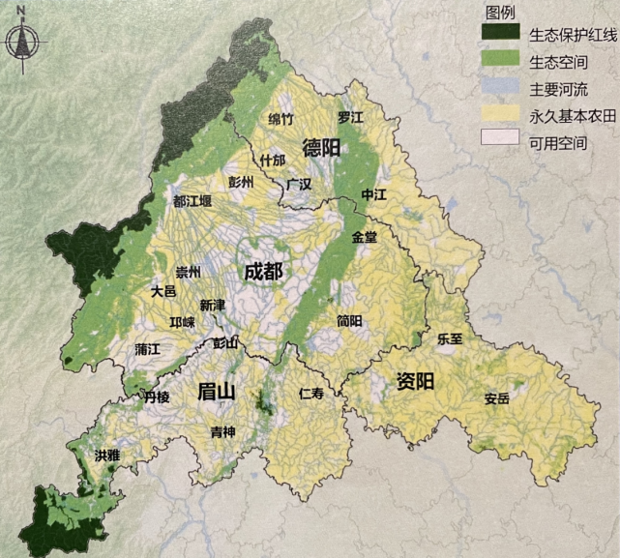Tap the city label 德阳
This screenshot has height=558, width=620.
pyautogui.click(x=321, y=148)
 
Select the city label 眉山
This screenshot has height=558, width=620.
pyautogui.click(x=217, y=392)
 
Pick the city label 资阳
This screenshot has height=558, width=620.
pyautogui.click(x=415, y=381)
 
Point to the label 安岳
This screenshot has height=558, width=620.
pyautogui.click(x=497, y=397)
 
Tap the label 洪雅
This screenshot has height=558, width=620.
pyautogui.click(x=108, y=455)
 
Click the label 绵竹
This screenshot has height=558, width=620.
pyautogui.click(x=280, y=119)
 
